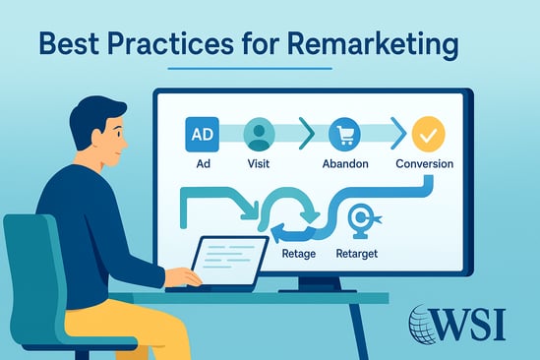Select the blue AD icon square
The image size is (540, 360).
point(201,134)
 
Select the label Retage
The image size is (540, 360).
point(298,254)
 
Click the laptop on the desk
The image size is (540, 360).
point(228,260)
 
